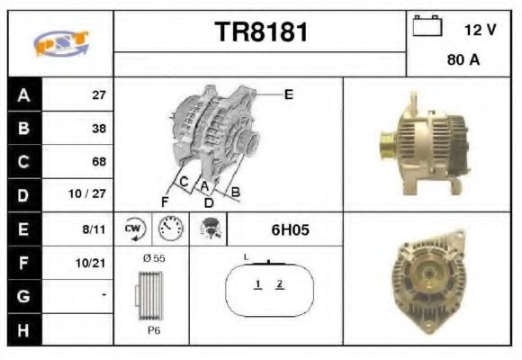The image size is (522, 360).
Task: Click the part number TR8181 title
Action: [x=261, y=33]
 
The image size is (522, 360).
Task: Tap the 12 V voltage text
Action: [x=480, y=30]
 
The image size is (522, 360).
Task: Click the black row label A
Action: [x=22, y=94]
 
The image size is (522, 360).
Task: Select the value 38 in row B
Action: [x=98, y=129]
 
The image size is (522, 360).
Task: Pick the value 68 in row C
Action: [x=98, y=162]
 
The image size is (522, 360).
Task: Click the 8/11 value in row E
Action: [x=94, y=229]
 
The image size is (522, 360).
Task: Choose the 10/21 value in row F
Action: [x=93, y=263]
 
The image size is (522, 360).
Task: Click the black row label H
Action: [x=22, y=329]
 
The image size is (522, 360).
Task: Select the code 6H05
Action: [x=290, y=230]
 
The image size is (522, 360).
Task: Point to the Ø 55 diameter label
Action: [x=153, y=259]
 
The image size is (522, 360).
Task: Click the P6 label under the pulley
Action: [x=153, y=330]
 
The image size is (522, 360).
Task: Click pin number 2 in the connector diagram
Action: [x=280, y=284]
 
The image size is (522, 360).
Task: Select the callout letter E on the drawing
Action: [x=289, y=94]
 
